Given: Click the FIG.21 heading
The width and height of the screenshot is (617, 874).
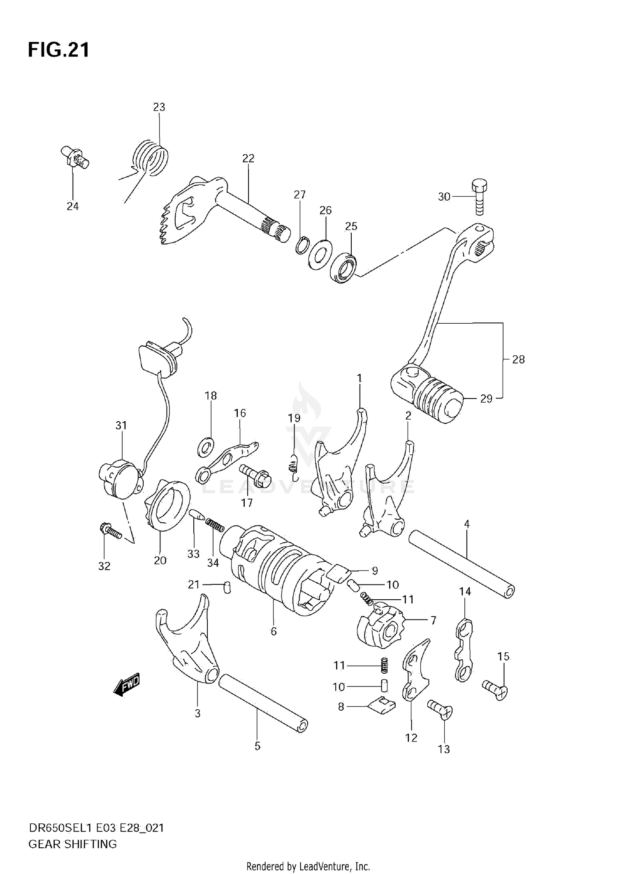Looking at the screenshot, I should pyautogui.click(x=58, y=50).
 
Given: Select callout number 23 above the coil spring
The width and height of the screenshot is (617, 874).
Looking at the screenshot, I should pyautogui.click(x=159, y=107).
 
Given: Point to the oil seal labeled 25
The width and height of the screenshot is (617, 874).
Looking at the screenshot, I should pyautogui.click(x=343, y=268).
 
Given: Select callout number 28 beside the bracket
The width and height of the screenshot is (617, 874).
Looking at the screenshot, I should pyautogui.click(x=518, y=359).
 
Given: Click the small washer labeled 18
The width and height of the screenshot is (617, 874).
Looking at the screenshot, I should pyautogui.click(x=206, y=447).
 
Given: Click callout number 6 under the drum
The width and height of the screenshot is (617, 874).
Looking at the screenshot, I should pyautogui.click(x=274, y=631).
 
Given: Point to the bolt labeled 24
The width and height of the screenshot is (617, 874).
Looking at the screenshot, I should pyautogui.click(x=75, y=159).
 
